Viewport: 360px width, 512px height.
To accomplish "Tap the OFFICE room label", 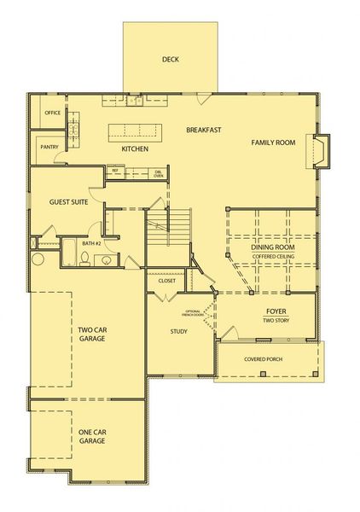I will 53,112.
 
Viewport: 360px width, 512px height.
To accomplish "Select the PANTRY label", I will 49,147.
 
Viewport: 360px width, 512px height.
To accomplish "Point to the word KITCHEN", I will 135,149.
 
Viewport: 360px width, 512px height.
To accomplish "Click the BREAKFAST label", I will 204,130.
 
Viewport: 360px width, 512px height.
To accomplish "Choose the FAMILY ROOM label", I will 273,143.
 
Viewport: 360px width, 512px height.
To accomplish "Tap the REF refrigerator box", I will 114,171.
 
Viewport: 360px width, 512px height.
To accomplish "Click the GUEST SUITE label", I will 68,202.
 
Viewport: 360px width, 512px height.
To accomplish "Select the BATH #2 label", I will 92,244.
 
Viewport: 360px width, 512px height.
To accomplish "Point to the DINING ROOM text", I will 273,247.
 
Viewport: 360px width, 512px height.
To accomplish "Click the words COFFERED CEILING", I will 273,255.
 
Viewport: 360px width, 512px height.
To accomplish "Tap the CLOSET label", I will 166,280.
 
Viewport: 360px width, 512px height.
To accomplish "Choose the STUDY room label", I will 178,332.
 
